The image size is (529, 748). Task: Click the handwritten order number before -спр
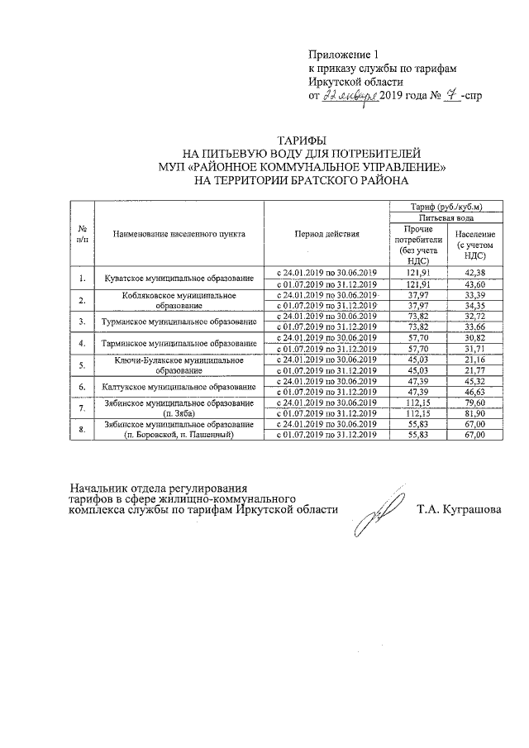click(451, 96)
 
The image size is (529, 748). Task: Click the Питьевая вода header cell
click(446, 217)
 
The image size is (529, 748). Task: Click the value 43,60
click(475, 283)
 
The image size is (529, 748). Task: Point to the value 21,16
click(475, 359)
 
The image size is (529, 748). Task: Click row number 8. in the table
click(83, 429)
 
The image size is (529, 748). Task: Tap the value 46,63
click(475, 392)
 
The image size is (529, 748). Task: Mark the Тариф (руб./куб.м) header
click(446, 206)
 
